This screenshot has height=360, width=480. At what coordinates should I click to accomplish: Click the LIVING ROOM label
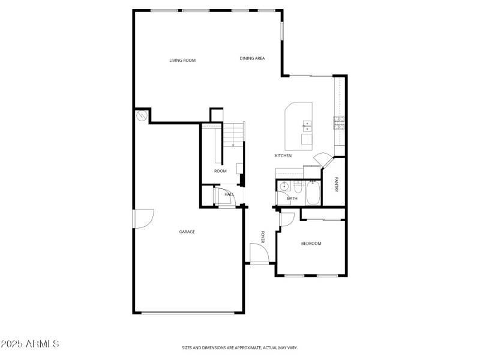point(182,60)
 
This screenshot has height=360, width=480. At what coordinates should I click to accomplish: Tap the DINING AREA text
point(252,58)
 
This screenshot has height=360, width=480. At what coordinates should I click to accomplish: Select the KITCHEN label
point(283,155)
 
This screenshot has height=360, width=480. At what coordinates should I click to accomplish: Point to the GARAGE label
point(187,232)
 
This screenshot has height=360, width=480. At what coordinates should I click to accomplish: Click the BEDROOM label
point(311,243)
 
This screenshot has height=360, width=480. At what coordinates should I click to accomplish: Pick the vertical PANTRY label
point(337,184)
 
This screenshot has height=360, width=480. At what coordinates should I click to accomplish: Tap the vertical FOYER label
point(262,236)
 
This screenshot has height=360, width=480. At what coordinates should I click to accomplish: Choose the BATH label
point(292,198)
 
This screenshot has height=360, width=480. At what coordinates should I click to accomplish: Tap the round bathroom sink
point(285,185)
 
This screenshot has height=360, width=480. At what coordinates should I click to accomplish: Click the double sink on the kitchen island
point(307,125)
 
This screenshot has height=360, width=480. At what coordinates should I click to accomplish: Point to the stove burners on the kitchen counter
point(339,122)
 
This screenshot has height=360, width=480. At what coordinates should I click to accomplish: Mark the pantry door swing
point(322,160)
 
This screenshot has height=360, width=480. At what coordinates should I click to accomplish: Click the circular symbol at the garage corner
point(142,116)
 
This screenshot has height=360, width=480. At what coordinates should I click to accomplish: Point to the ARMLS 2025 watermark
point(30,344)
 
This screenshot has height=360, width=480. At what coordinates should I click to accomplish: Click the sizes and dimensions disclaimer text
point(240,347)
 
